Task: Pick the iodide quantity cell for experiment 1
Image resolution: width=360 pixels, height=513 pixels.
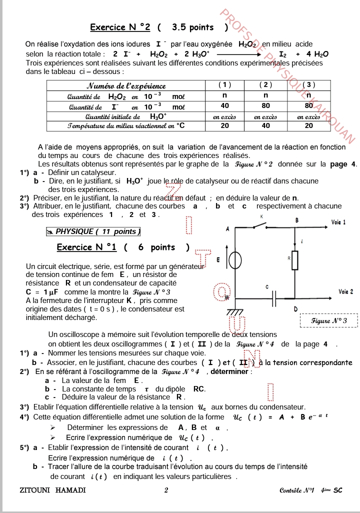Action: point(225,106)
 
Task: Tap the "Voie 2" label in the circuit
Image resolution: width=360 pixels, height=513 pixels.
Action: point(345,291)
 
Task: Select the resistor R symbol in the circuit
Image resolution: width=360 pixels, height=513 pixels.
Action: point(295,259)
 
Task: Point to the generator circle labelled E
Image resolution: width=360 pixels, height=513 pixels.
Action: point(235,260)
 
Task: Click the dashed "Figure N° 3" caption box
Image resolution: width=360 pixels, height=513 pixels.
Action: point(328,319)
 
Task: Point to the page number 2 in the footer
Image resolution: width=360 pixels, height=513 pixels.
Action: point(166,490)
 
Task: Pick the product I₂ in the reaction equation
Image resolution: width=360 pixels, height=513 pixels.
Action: point(283,53)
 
